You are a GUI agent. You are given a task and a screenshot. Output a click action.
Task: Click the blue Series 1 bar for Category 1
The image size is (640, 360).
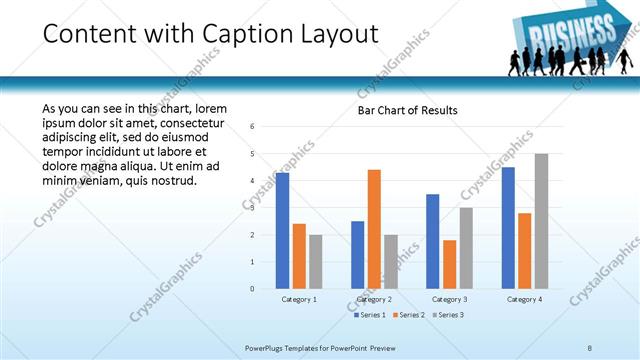(x=282, y=231)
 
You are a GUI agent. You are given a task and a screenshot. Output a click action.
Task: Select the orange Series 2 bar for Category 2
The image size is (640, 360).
(x=374, y=229)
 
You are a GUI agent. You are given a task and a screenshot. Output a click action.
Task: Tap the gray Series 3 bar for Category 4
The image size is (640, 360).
(x=541, y=221)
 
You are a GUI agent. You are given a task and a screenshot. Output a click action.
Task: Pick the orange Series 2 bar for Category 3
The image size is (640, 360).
(x=449, y=264)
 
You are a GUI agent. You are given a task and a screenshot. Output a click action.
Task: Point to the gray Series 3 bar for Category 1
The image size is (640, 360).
(x=316, y=262)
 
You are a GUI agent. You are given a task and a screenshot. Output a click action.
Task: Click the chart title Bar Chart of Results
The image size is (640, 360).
(x=407, y=110)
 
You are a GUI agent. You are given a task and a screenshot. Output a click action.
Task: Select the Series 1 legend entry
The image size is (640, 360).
(x=370, y=315)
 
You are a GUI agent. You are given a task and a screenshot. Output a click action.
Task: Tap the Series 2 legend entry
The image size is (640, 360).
(x=408, y=315)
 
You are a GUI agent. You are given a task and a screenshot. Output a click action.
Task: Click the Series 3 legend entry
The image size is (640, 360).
(x=446, y=315)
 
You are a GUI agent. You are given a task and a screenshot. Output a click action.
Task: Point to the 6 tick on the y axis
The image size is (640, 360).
(x=253, y=127)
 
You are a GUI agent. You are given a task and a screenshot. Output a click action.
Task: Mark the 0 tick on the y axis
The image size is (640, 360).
(x=253, y=289)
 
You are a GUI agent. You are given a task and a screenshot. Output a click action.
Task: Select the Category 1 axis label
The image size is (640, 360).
(x=299, y=299)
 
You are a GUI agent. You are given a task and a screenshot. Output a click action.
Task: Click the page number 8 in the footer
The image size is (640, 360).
(x=590, y=347)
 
